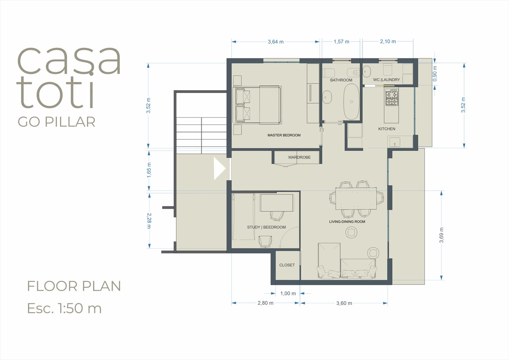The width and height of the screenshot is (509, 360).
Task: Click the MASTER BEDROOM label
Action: click(x=284, y=135)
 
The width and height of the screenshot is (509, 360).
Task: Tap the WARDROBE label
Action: click(x=299, y=157)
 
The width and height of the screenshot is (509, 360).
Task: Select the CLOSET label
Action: click(x=287, y=265)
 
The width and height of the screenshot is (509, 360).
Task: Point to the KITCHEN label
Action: click(x=387, y=129)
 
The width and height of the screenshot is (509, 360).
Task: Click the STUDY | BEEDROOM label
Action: click(x=266, y=227)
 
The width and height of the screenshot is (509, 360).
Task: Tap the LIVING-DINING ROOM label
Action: click(x=347, y=222)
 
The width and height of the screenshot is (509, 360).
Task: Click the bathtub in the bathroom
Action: click(x=351, y=101)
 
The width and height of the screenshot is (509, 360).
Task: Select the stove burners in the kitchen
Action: click(x=392, y=97)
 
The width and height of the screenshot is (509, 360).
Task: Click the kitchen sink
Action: click(x=395, y=142)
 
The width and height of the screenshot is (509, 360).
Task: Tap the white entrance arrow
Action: click(x=219, y=169)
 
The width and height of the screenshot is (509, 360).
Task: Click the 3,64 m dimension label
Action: click(x=276, y=42)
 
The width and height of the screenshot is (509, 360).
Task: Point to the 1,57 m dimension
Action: click(x=341, y=42)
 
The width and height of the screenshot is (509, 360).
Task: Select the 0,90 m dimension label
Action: click(x=435, y=74)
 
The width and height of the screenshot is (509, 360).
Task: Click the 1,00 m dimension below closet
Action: click(x=288, y=293)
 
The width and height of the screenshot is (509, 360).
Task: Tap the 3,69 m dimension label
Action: click(x=441, y=235)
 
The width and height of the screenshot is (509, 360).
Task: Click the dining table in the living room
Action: click(x=356, y=198)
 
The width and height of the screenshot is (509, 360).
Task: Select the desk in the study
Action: click(x=277, y=203)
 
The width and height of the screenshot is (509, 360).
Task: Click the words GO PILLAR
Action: click(x=57, y=122)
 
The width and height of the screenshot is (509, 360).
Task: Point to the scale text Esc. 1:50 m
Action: click(x=64, y=308)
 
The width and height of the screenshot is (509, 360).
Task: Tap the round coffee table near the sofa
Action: click(x=351, y=232)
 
